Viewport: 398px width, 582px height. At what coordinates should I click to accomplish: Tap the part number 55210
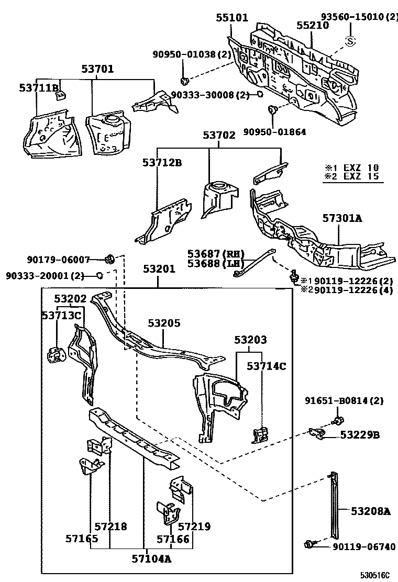point(313,25)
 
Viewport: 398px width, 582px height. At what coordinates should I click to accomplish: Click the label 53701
point(97,69)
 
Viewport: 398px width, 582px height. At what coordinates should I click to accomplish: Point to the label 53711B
point(39,87)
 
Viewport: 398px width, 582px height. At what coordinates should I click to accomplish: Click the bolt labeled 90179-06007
point(110,259)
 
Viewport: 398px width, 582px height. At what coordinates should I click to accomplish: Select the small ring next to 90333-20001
point(98,275)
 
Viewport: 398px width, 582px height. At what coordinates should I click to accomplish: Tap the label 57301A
point(341,219)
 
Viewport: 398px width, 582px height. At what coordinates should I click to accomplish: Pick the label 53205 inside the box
point(163,323)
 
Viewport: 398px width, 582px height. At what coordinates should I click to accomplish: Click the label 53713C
point(62,315)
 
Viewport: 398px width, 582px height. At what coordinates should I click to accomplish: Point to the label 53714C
point(267,366)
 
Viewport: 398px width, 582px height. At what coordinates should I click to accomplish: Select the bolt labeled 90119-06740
point(309,545)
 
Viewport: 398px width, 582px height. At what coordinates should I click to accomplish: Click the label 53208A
point(370,511)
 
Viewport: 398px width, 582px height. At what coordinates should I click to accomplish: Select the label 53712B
point(162,163)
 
